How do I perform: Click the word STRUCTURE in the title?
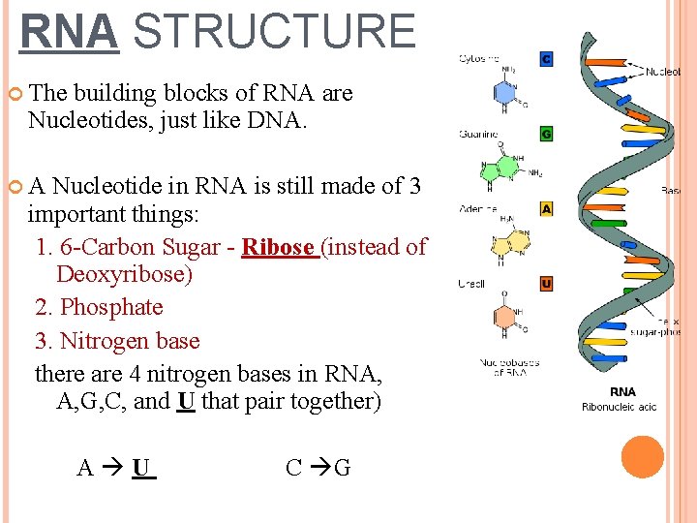pyautogui.click(x=274, y=32)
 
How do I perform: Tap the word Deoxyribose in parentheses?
pyautogui.click(x=124, y=274)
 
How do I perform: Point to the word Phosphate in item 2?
pyautogui.click(x=111, y=308)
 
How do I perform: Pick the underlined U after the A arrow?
pyautogui.click(x=142, y=469)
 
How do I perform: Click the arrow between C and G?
pyautogui.click(x=317, y=469)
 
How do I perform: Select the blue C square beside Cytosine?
pyautogui.click(x=546, y=59)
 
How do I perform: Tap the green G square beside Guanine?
pyautogui.click(x=546, y=134)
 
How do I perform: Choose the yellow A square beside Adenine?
pyautogui.click(x=546, y=208)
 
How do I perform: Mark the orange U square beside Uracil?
pyautogui.click(x=546, y=283)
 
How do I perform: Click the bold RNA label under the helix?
pyautogui.click(x=622, y=392)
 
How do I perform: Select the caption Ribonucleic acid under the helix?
pyautogui.click(x=619, y=407)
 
